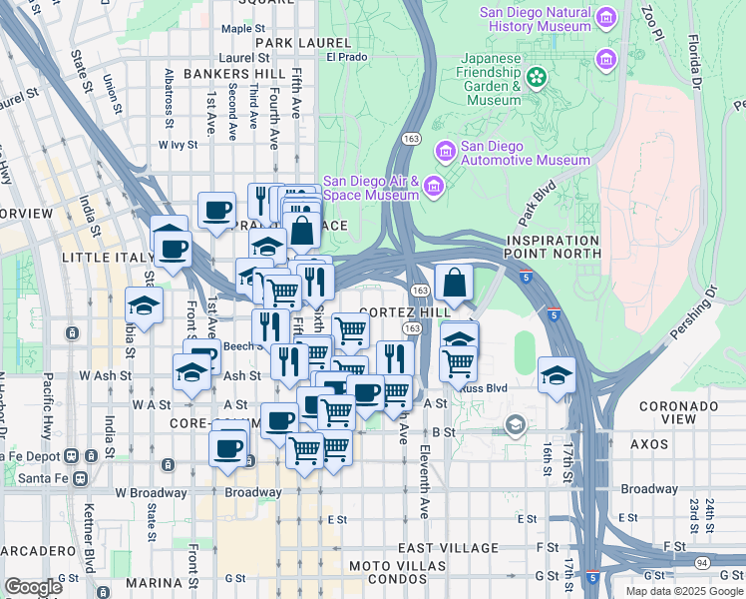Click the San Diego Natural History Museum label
[535, 20]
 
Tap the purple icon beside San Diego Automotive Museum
[445, 151]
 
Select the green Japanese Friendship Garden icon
[538, 77]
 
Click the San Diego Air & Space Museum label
[370, 188]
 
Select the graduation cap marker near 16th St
[557, 375]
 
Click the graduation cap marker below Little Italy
[145, 305]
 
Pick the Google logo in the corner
[33, 586]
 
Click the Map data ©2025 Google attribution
[683, 591]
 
